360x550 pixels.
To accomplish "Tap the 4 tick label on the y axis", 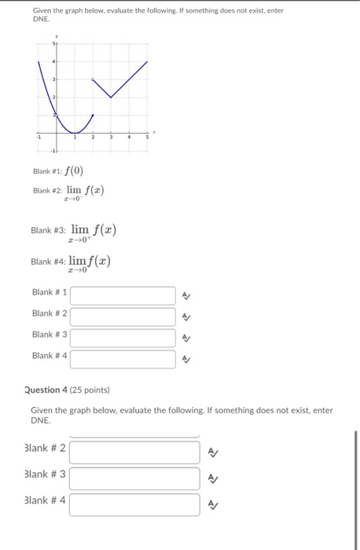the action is point(53,61).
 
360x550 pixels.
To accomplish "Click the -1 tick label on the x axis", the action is point(37,138).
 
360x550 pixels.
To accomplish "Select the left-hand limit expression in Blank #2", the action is point(84,192).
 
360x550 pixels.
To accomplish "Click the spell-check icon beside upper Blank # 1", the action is point(185,296).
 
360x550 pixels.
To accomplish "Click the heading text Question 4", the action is point(48,390).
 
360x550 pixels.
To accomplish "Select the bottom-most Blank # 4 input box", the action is point(134,504).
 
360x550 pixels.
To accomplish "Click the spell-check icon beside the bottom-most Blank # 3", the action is point(213,478).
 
